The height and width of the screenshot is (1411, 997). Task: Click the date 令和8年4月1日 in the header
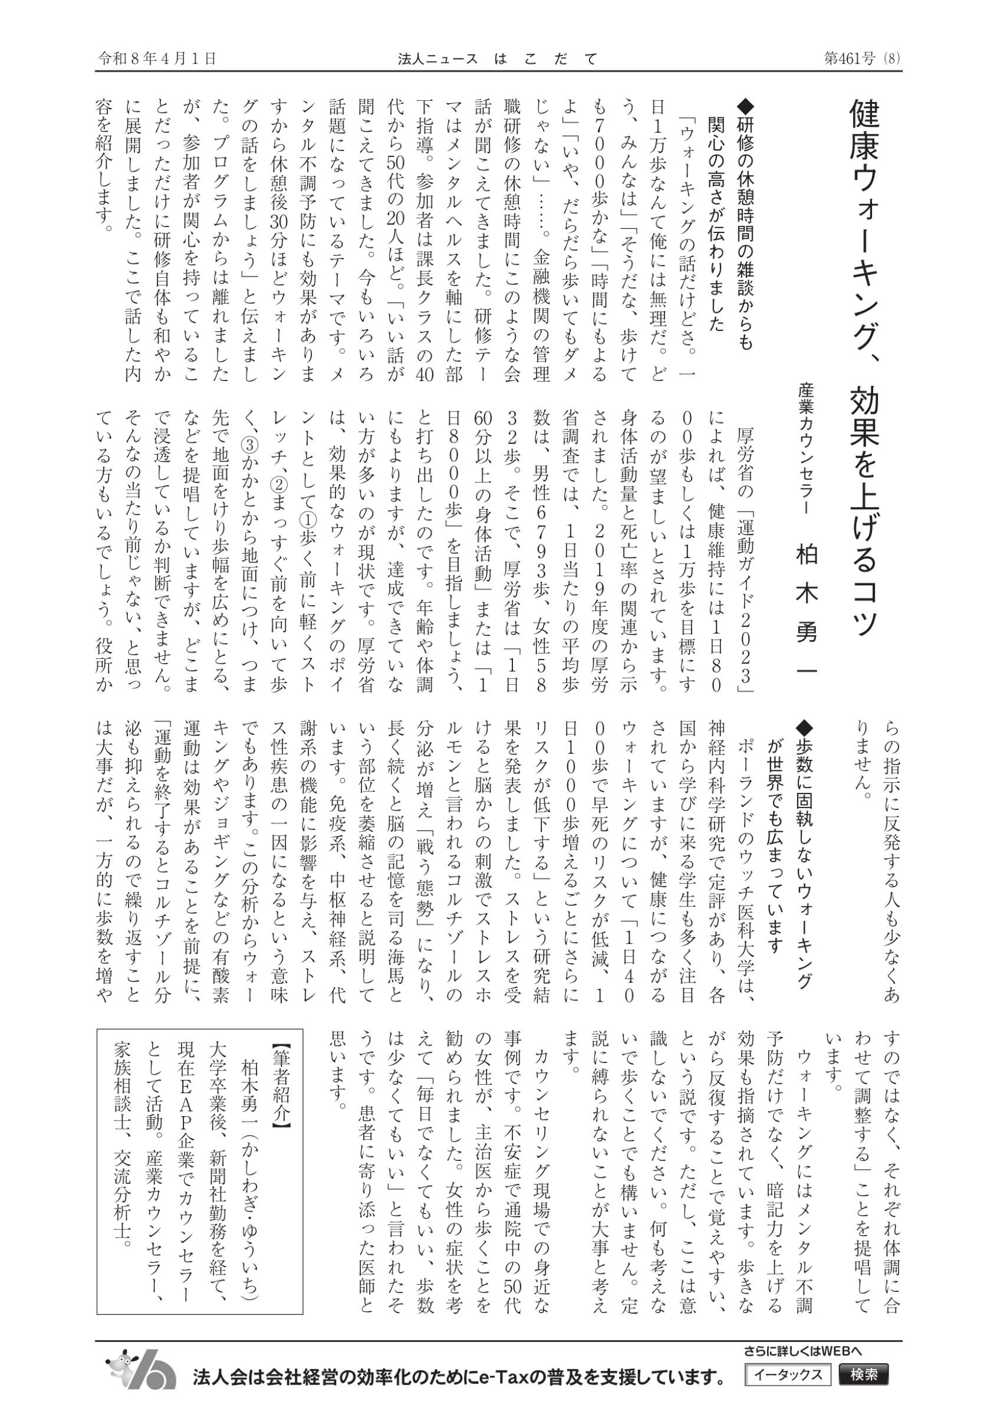(x=157, y=59)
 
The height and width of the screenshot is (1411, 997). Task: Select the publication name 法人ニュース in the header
(x=437, y=59)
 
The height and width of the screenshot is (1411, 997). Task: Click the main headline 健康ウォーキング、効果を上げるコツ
(x=864, y=369)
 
